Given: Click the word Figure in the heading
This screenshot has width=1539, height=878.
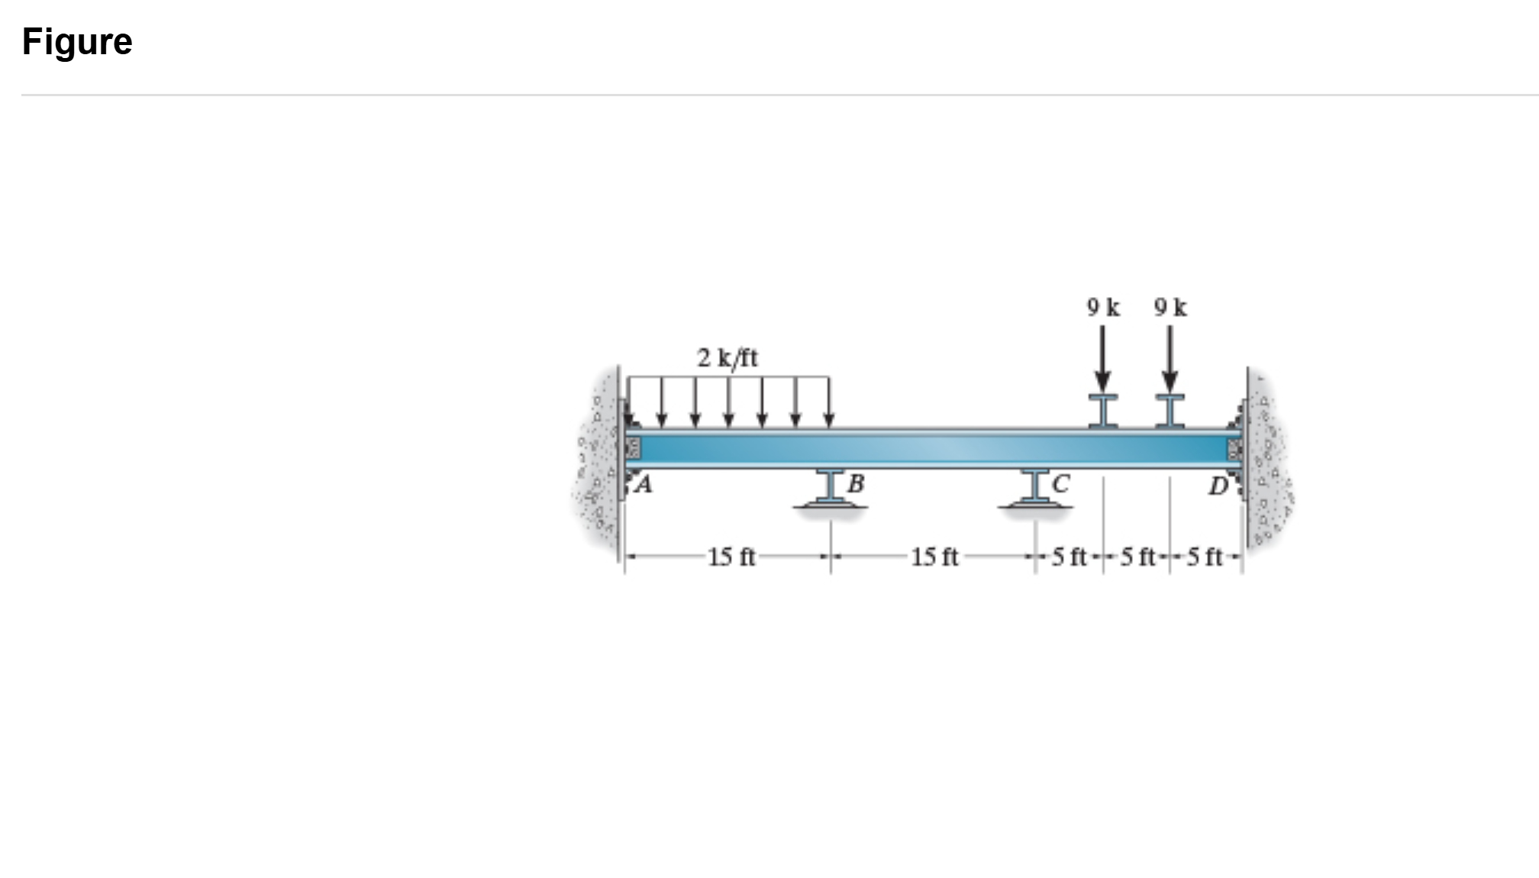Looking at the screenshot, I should (77, 41).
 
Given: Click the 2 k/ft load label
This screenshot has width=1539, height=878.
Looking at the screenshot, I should (727, 357).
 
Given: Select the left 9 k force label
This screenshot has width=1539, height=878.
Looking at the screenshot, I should (1103, 308).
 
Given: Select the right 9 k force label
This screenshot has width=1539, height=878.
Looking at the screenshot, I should (1170, 308).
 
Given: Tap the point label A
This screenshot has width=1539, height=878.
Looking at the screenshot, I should (644, 484).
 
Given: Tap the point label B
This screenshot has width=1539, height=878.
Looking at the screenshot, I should (856, 483).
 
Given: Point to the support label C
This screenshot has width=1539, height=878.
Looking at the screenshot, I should (1060, 483).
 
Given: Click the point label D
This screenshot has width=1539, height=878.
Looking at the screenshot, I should (1218, 486).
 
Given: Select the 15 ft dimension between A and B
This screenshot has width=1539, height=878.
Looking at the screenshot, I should (731, 557).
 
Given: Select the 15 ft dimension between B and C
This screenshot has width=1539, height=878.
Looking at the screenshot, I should (934, 557).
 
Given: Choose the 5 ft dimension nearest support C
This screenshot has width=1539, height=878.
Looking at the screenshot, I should (1069, 557).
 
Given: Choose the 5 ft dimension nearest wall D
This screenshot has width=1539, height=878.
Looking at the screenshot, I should (1205, 557).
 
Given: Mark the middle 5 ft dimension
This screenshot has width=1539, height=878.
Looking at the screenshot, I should (1137, 557).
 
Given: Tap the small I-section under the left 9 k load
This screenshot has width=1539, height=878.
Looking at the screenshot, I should (1103, 411).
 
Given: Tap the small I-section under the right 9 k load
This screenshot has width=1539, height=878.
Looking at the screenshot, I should (1170, 411).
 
